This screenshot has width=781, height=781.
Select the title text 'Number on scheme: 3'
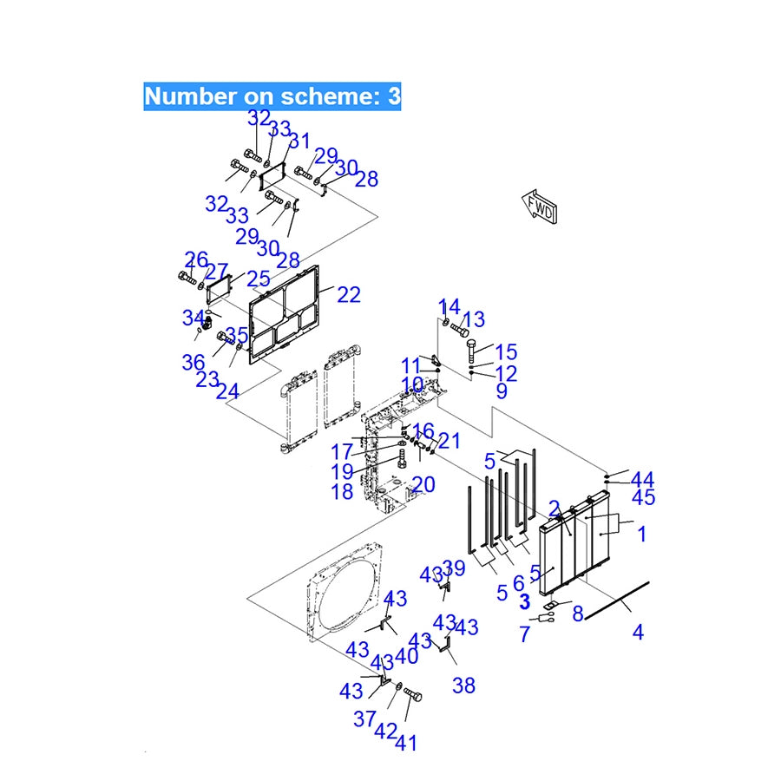[x=272, y=95]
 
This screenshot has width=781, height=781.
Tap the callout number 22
[x=348, y=295]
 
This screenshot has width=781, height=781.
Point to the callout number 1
[x=641, y=535]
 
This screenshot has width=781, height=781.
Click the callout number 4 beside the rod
[x=638, y=633]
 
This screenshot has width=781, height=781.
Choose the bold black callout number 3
[x=524, y=601]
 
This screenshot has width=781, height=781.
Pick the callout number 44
[x=642, y=479]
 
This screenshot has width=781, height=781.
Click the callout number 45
[x=643, y=498]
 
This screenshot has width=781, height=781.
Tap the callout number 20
[x=423, y=485]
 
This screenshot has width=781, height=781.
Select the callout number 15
[x=505, y=351]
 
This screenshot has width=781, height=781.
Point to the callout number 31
[x=299, y=141]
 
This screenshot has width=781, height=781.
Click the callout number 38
[x=464, y=686]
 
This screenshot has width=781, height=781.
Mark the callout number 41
[x=406, y=743]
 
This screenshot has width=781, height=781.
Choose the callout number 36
[x=194, y=362]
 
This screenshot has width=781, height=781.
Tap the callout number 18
[x=342, y=492]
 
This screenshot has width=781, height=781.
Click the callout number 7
[x=524, y=634]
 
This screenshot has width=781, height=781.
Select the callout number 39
[x=454, y=568]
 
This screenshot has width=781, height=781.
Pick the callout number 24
[x=227, y=392]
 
